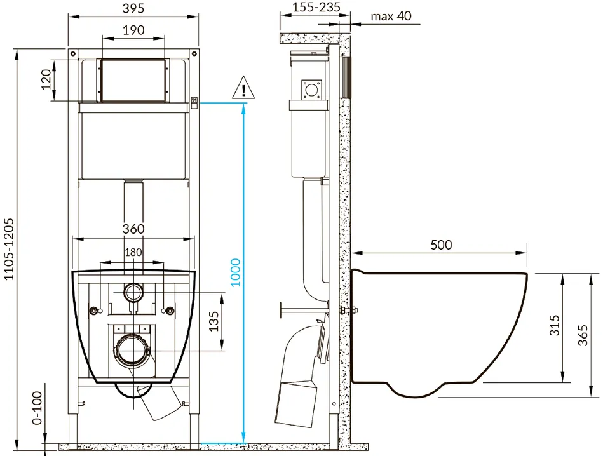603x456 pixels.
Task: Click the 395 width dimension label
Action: [x=133, y=8]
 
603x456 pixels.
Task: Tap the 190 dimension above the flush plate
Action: [x=133, y=30]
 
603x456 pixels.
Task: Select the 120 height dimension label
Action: [x=46, y=79]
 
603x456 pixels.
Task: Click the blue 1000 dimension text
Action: [x=235, y=272]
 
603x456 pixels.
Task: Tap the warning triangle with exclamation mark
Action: [x=243, y=88]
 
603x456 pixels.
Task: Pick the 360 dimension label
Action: [x=133, y=229]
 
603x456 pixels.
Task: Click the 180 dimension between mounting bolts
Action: [x=133, y=252]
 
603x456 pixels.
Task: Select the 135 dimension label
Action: [x=213, y=321]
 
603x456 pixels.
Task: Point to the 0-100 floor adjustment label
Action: [x=37, y=408]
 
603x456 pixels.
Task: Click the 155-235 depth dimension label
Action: [x=316, y=8]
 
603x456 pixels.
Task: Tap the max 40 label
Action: [x=391, y=16]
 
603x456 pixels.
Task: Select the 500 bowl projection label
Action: [x=441, y=245]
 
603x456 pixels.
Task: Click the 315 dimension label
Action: [x=554, y=325]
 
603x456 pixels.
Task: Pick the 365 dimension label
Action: [x=583, y=335]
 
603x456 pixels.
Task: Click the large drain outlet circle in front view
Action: [x=133, y=351]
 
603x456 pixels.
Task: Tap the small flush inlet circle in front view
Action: [x=133, y=292]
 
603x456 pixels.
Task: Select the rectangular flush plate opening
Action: [x=133, y=81]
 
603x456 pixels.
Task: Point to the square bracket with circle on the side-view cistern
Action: [x=311, y=90]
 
